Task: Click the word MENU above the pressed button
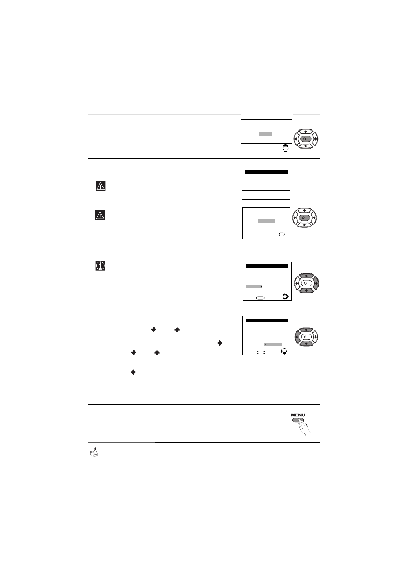click(x=298, y=415)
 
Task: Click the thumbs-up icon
click(x=93, y=452)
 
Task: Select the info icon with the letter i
click(x=100, y=266)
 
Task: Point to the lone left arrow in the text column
click(x=133, y=373)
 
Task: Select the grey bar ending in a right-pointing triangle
click(x=254, y=287)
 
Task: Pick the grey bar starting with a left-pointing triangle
click(x=273, y=344)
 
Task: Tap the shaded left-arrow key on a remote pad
click(x=297, y=337)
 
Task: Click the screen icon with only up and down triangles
click(x=286, y=148)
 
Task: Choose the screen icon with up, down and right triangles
click(x=286, y=297)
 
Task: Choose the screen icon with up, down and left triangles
click(x=284, y=351)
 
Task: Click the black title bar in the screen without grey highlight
click(x=266, y=172)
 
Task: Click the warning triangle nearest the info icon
click(x=100, y=215)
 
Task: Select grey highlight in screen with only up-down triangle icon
click(x=266, y=134)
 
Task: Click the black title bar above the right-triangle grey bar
click(x=267, y=266)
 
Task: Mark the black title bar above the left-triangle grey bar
click(x=267, y=320)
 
